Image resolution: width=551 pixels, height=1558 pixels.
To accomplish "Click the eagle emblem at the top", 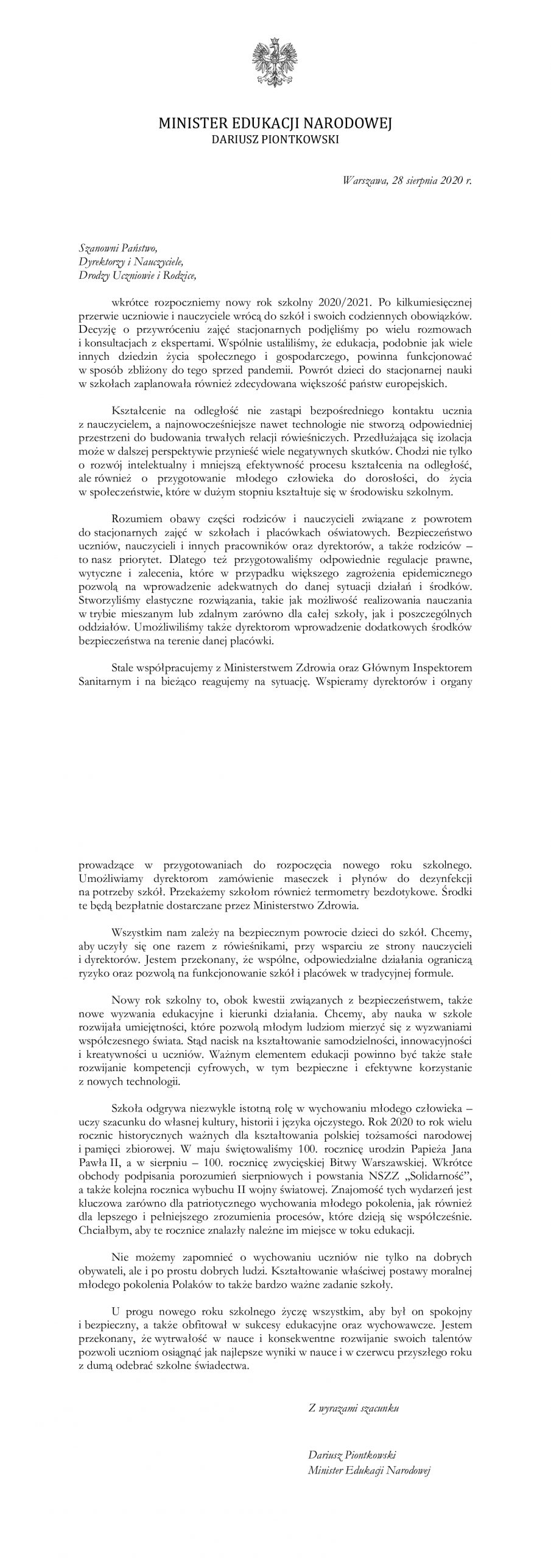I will (275, 66).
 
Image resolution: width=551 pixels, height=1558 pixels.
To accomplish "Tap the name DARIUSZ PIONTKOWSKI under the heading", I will (275, 139).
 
